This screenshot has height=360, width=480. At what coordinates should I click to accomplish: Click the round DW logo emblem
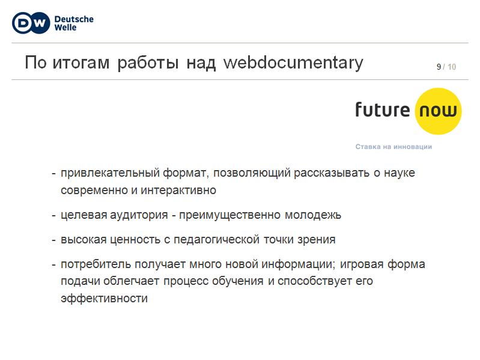tap(31, 23)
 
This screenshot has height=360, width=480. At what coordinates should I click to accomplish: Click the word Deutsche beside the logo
tap(74, 19)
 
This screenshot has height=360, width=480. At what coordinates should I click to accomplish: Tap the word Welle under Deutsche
tap(65, 28)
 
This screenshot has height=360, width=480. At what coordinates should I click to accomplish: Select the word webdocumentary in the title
tap(293, 63)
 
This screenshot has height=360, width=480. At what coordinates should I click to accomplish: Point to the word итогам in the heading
tap(81, 63)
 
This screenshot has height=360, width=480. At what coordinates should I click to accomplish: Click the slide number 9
tap(439, 67)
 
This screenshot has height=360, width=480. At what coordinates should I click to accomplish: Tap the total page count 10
tap(452, 67)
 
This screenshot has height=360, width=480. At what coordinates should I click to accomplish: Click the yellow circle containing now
tap(438, 111)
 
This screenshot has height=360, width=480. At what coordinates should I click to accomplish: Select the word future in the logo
tap(382, 109)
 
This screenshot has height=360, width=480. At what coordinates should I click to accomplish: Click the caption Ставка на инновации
tap(393, 147)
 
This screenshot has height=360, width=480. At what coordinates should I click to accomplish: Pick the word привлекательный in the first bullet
tap(110, 173)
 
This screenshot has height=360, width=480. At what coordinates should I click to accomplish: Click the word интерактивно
tap(178, 191)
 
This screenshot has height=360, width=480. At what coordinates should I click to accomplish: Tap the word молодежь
tap(313, 215)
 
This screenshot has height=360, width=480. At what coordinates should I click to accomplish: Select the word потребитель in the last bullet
tap(96, 264)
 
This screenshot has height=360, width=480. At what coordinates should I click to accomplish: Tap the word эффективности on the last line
tap(104, 298)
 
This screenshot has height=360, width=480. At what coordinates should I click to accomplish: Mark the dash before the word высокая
tap(53, 240)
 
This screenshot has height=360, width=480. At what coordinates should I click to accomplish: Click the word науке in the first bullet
tap(399, 173)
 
